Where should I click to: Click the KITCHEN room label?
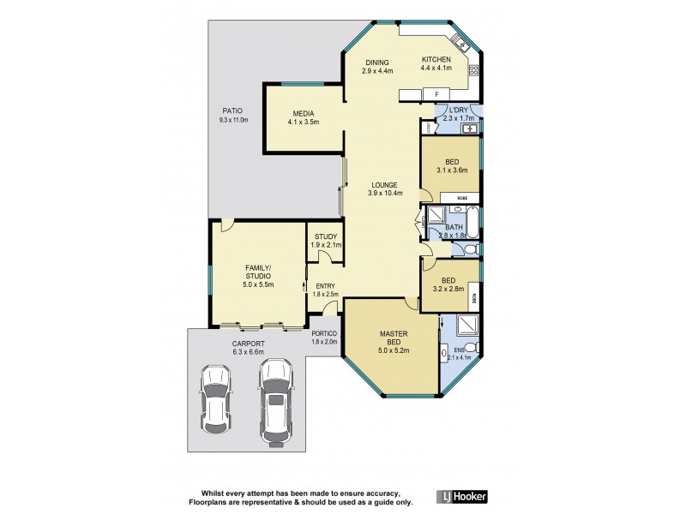[436, 59]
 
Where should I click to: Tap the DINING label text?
[377, 62]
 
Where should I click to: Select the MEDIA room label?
[303, 114]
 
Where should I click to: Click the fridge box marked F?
[436, 93]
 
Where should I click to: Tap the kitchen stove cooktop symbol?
[472, 69]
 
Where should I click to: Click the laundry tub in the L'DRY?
[470, 128]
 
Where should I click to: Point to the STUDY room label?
[326, 236]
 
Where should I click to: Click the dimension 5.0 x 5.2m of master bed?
[394, 349]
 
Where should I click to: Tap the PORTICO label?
[325, 333]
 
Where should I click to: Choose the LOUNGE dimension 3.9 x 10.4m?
[382, 194]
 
